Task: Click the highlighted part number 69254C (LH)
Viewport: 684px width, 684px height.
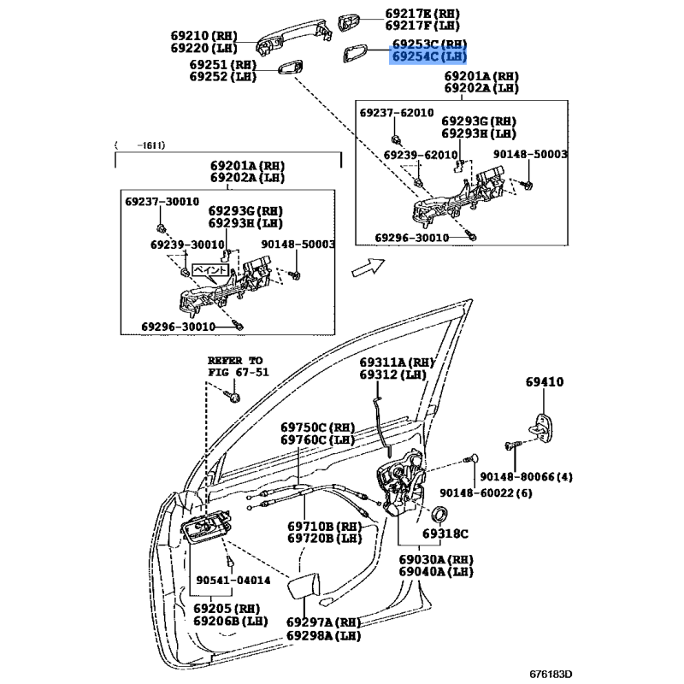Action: coord(429,56)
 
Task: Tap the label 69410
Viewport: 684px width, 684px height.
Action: coord(544,383)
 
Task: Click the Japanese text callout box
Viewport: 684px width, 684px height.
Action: coord(209,268)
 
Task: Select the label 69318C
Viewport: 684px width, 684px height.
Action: coord(445,534)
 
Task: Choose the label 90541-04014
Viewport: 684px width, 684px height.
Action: coord(233,581)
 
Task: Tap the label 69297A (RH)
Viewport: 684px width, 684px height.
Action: coord(322,622)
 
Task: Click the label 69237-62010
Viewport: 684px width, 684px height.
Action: coord(396,113)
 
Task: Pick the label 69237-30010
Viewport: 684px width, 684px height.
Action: coord(162,202)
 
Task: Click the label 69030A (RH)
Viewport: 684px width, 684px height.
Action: coord(435,558)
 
